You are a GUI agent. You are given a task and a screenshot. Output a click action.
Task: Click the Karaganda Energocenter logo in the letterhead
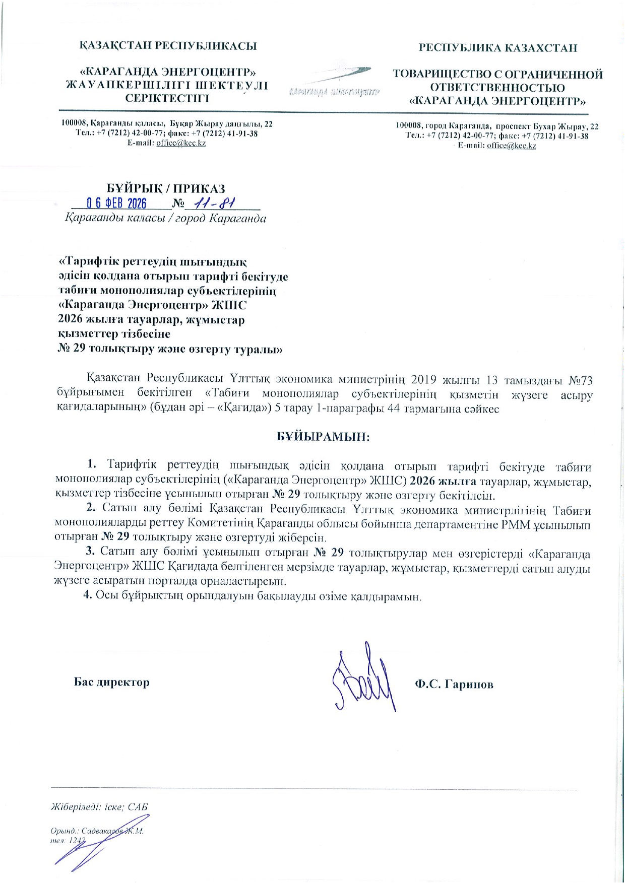(x=334, y=81)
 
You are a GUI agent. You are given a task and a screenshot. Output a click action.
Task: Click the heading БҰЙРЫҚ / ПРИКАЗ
(x=166, y=189)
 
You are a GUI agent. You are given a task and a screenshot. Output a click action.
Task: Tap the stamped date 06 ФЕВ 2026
(x=116, y=203)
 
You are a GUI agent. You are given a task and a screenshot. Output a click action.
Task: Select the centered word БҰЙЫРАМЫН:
(x=323, y=437)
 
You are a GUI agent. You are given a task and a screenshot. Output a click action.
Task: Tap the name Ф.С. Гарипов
(x=454, y=684)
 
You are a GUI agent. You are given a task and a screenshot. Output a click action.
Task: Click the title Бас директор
(x=112, y=682)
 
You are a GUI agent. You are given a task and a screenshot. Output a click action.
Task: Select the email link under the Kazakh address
(x=181, y=143)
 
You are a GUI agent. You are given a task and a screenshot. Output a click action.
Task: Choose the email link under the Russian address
(x=511, y=146)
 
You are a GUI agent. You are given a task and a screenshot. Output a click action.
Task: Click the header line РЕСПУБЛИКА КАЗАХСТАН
(x=498, y=48)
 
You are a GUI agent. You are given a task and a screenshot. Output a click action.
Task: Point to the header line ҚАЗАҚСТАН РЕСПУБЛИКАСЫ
(x=168, y=46)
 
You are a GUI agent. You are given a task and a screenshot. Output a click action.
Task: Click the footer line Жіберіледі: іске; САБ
(x=99, y=807)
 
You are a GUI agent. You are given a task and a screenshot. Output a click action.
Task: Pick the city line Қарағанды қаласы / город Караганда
(x=165, y=219)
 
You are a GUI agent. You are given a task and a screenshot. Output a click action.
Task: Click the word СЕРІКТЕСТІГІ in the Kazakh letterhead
(x=167, y=98)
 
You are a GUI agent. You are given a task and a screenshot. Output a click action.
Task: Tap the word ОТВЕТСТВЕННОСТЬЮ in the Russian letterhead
(x=497, y=88)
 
